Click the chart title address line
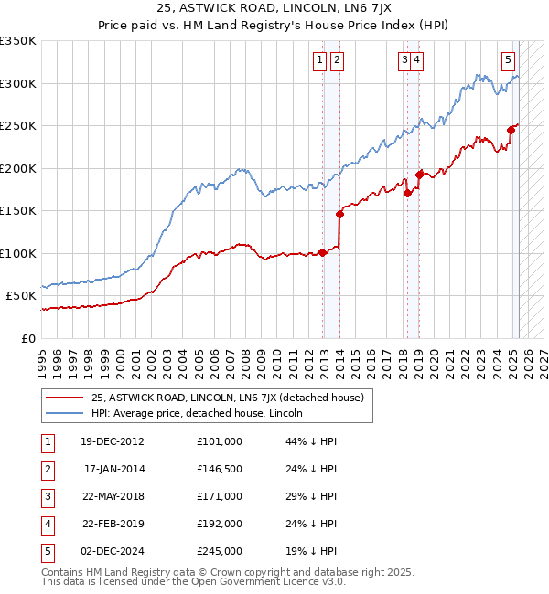[274, 11]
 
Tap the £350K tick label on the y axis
[18, 41]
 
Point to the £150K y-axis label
[18, 210]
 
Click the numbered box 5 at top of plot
[508, 60]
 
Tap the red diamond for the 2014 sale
[339, 214]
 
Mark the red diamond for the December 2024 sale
[511, 131]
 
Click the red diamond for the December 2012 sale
[323, 252]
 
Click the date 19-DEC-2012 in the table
[113, 441]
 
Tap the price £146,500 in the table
[220, 469]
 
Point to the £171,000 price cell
[220, 496]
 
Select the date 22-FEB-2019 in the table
[113, 524]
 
